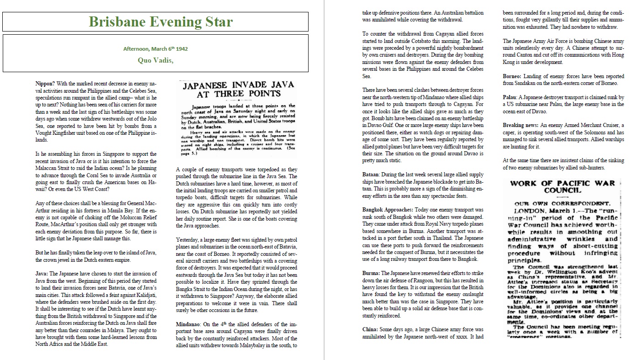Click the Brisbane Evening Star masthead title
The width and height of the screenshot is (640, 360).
pyautogui.click(x=160, y=21)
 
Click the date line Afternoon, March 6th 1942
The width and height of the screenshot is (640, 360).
pyautogui.click(x=155, y=48)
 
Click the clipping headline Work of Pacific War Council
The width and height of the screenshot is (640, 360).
pyautogui.click(x=563, y=186)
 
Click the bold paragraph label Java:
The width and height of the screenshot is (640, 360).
pyautogui.click(x=42, y=274)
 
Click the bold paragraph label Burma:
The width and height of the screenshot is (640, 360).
pyautogui.click(x=371, y=273)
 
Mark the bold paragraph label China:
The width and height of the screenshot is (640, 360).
pyautogui.click(x=371, y=329)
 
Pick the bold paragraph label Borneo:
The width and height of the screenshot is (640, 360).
pyautogui.click(x=513, y=76)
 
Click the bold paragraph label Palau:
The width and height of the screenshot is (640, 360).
pyautogui.click(x=511, y=98)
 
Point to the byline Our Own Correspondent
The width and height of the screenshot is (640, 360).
pyautogui.click(x=563, y=203)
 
